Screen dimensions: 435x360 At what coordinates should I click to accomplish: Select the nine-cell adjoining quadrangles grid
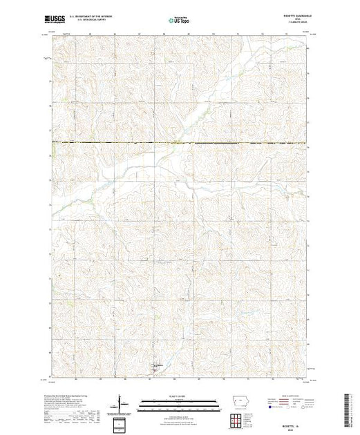click(238, 418)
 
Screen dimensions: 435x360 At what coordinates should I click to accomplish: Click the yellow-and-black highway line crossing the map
click(180, 143)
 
